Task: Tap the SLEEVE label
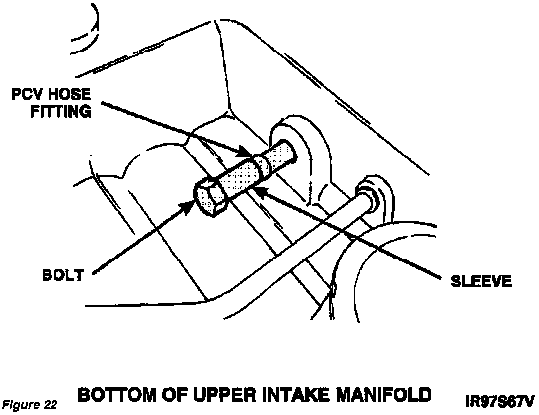(481, 282)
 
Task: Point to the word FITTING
(61, 111)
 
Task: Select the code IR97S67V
(499, 401)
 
